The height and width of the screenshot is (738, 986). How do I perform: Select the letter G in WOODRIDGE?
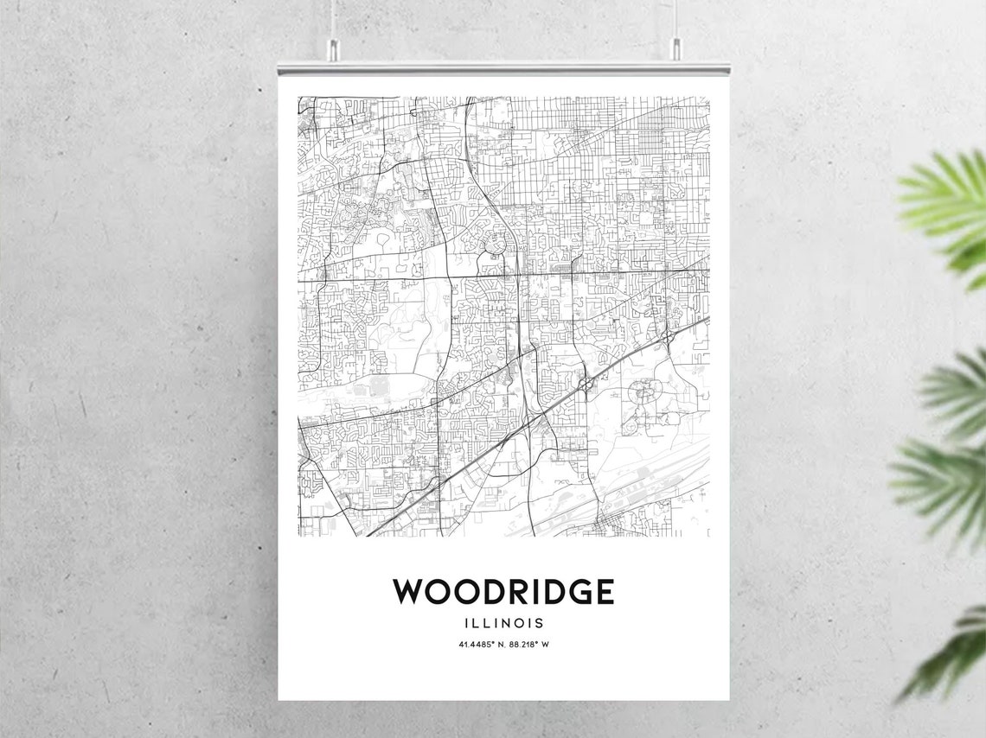575,592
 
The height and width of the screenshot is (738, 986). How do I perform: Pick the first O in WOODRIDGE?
442,592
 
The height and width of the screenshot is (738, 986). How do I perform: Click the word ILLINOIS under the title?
503,622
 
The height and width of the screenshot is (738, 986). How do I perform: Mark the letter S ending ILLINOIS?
540,622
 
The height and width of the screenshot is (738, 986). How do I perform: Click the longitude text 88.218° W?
529,644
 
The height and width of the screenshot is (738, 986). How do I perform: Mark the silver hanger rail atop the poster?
503,67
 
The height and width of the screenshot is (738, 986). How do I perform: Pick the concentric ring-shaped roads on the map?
645,394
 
